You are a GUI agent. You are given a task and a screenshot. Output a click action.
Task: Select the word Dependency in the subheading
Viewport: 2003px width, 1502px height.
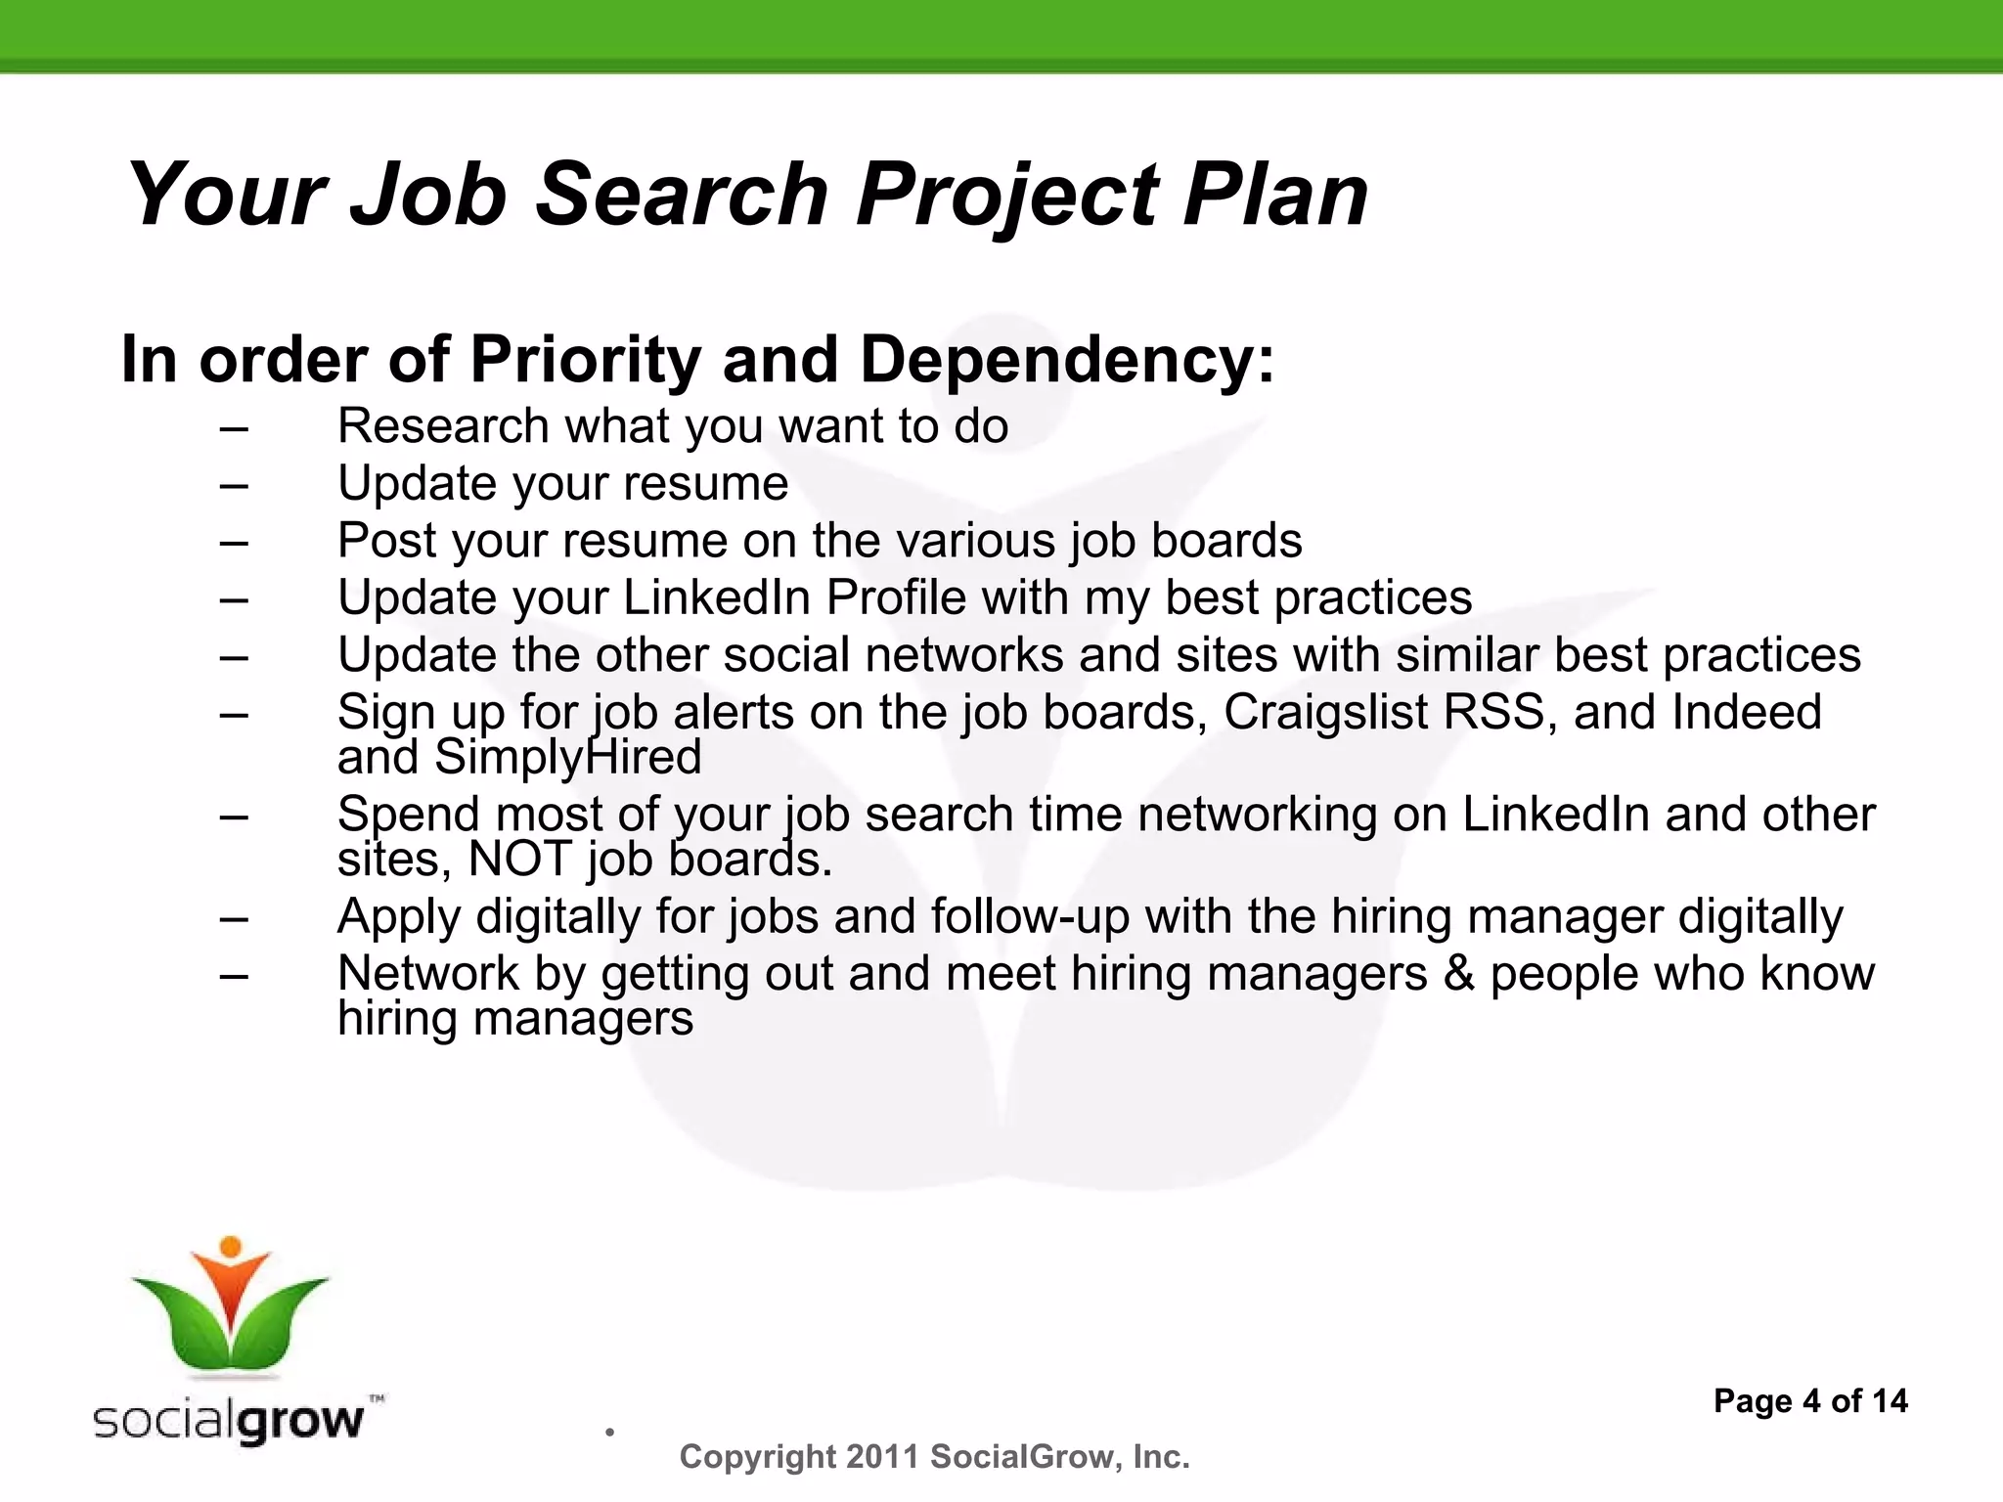[1067, 360]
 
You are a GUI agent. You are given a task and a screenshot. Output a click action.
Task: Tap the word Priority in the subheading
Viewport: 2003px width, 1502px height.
[586, 360]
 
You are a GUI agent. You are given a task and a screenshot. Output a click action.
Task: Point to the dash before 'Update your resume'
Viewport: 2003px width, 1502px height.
[234, 484]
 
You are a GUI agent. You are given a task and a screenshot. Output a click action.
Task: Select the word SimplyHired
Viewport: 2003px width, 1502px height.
[567, 757]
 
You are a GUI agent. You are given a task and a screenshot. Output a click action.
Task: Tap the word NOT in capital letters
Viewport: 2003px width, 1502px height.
[519, 860]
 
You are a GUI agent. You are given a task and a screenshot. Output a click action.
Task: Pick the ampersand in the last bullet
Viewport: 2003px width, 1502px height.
[1458, 974]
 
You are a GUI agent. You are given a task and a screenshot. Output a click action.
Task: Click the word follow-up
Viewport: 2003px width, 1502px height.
[1030, 917]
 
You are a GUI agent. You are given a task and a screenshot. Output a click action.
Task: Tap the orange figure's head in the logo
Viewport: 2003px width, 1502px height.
[231, 1247]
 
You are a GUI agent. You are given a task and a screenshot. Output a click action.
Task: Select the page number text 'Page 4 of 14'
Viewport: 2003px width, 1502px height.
[1809, 1401]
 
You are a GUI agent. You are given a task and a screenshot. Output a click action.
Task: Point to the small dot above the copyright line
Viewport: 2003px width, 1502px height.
[609, 1433]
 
